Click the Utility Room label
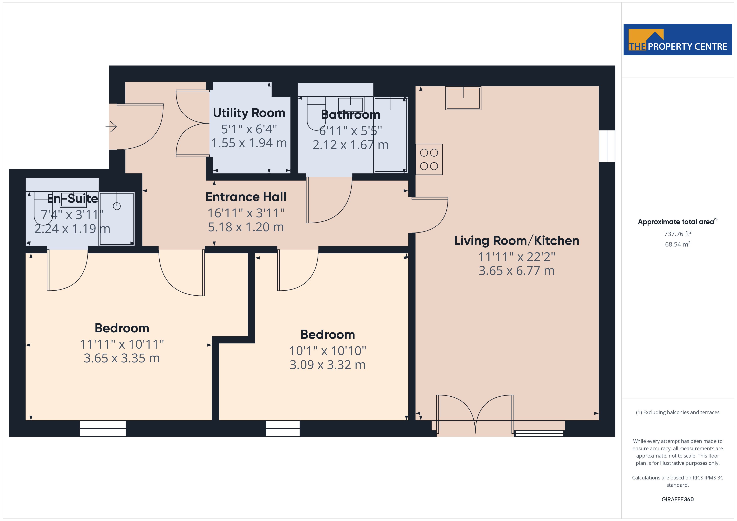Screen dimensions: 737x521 pos(249,113)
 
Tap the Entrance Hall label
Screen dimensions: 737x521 pos(246,197)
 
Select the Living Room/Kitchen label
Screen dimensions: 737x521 pos(516,241)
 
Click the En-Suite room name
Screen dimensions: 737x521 pos(72,199)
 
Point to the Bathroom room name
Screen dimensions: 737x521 pos(351,115)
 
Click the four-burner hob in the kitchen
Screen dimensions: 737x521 pos(429,159)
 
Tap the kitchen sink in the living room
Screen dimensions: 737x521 pos(463,98)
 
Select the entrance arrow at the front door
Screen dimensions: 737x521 pos(111,127)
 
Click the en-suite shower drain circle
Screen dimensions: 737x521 pos(117,206)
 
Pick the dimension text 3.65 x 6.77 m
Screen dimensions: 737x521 pos(516,271)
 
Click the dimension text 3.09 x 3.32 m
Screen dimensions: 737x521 pos(327,365)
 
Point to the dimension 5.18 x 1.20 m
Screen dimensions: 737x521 pos(246,227)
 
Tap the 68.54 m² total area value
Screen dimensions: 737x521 pos(678,244)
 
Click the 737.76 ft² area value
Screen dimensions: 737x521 pos(678,234)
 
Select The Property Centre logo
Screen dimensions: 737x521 pos(678,40)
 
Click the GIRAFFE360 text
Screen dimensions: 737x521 pos(678,500)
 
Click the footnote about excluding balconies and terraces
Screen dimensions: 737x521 pos(678,413)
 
